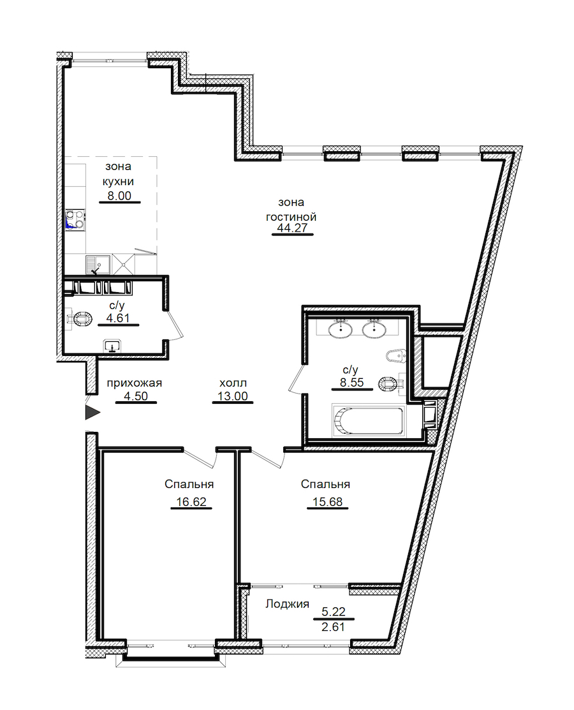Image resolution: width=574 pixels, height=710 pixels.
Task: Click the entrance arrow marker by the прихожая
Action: (x=92, y=412)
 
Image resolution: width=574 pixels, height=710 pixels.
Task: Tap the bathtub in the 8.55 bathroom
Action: (x=367, y=421)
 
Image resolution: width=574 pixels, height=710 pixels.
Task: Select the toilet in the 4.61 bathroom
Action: (x=80, y=319)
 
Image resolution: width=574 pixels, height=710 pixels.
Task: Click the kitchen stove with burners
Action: (x=75, y=219)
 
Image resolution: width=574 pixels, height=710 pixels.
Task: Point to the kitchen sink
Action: (x=98, y=265)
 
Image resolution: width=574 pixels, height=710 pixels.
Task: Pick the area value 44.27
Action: (x=293, y=228)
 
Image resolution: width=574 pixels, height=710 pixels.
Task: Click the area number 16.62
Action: (x=191, y=502)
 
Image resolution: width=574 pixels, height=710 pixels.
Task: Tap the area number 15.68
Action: (x=327, y=502)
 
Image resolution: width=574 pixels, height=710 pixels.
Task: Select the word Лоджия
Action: (x=287, y=604)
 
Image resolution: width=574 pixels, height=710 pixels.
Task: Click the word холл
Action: (x=233, y=383)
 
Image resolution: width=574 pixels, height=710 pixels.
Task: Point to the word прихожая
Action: (x=134, y=383)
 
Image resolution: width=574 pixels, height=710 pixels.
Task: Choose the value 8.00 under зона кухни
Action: (x=119, y=196)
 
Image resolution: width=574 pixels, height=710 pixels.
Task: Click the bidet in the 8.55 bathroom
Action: (x=396, y=355)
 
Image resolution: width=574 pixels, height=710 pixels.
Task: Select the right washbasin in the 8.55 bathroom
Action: (x=374, y=329)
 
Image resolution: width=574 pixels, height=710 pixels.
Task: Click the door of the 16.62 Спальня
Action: (x=200, y=458)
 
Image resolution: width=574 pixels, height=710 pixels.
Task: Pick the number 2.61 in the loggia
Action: (x=333, y=627)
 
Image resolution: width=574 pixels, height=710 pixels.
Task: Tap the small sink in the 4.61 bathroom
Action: (x=112, y=346)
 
